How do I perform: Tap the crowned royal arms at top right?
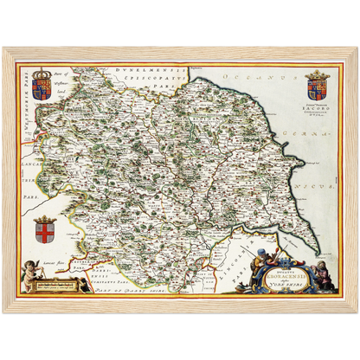317,87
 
